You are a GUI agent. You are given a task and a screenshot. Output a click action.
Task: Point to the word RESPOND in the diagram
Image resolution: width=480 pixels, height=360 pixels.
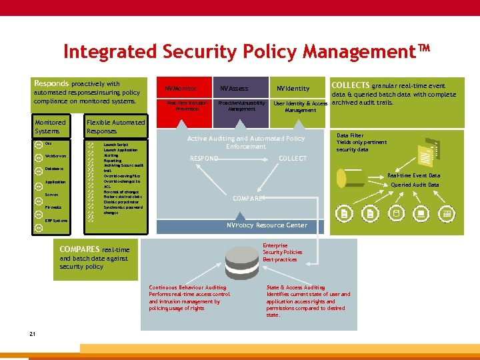pyautogui.click(x=203, y=159)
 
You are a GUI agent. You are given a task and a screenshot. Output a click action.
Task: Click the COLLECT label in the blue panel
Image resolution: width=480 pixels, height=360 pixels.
pyautogui.click(x=293, y=159)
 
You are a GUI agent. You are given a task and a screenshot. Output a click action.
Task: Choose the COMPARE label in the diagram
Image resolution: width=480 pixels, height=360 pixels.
pyautogui.click(x=249, y=198)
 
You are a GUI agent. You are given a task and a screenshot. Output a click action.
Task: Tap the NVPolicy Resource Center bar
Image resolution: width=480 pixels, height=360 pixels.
pyautogui.click(x=267, y=225)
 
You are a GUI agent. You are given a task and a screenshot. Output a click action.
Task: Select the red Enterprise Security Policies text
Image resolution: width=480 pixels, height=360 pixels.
pyautogui.click(x=282, y=252)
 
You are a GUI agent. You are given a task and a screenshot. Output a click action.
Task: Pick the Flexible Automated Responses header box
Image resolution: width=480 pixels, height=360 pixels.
pyautogui.click(x=115, y=127)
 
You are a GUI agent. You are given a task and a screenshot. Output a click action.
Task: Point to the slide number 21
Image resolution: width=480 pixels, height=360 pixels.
pyautogui.click(x=32, y=333)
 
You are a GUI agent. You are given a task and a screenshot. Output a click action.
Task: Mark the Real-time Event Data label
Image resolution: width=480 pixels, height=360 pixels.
pyautogui.click(x=413, y=175)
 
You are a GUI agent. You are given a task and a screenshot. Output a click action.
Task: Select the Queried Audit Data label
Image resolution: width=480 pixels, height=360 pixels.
pyautogui.click(x=415, y=185)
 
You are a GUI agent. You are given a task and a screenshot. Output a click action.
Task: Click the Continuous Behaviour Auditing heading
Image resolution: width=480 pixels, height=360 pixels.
pyautogui.click(x=187, y=288)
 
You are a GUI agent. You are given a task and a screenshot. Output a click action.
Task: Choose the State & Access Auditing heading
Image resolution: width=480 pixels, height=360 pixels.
pyautogui.click(x=295, y=288)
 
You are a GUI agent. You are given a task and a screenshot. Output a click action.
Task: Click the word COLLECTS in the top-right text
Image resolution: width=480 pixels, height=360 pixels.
pyautogui.click(x=350, y=85)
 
